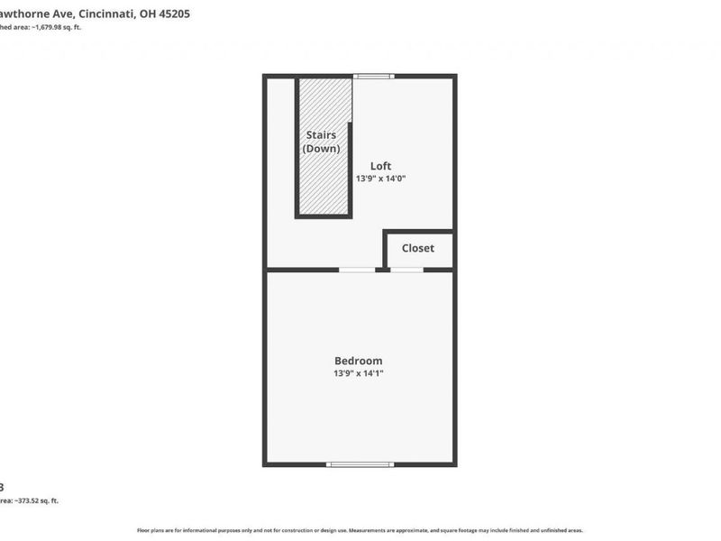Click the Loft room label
pyautogui.click(x=381, y=166)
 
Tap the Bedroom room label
pyautogui.click(x=358, y=361)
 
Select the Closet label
pyautogui.click(x=417, y=248)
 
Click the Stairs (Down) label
pyautogui.click(x=322, y=142)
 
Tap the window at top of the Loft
pyautogui.click(x=373, y=77)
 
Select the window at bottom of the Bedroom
pyautogui.click(x=360, y=464)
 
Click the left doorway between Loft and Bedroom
pyautogui.click(x=357, y=270)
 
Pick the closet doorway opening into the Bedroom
pyautogui.click(x=406, y=270)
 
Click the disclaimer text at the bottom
pyautogui.click(x=360, y=530)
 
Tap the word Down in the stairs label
pyautogui.click(x=322, y=149)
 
